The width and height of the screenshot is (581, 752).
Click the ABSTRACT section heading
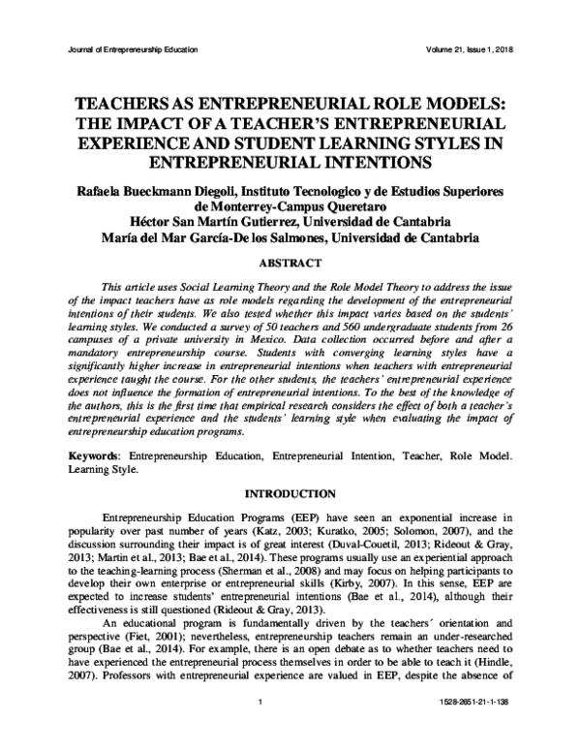click(x=290, y=261)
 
